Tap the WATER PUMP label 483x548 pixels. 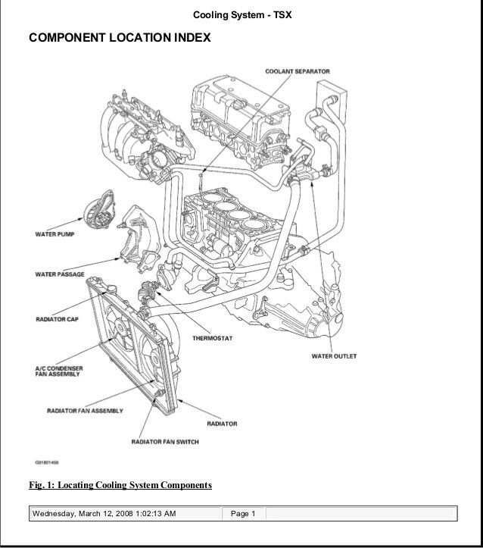tap(54, 234)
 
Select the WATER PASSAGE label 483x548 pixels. tap(60, 274)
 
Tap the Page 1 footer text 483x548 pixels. tap(243, 515)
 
